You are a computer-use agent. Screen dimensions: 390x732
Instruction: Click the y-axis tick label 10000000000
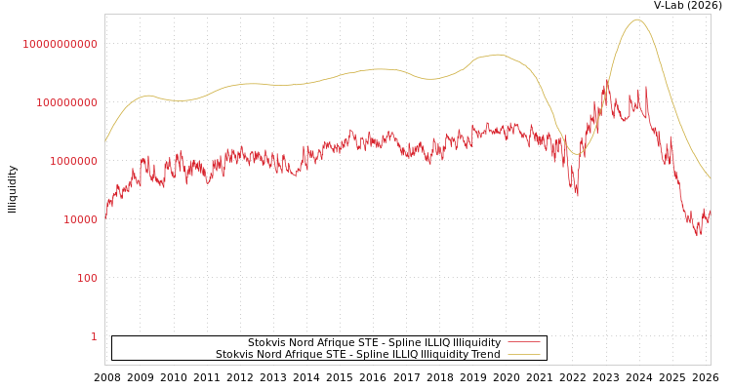coord(61,44)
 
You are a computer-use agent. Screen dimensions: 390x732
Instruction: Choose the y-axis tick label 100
coord(86,278)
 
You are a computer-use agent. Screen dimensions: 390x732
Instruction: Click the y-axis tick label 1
coord(94,336)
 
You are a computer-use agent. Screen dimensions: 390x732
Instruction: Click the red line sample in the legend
coord(524,343)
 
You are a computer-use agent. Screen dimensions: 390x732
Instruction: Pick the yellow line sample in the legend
coord(524,355)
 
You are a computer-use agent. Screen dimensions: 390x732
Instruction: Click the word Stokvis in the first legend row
coord(267,343)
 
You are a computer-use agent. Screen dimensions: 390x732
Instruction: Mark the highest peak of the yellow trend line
coord(637,19)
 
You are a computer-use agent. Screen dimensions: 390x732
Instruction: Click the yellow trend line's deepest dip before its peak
coord(577,154)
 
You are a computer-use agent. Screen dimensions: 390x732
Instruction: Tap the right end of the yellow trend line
coord(710,178)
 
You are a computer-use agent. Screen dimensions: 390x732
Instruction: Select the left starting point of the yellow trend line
coord(105,142)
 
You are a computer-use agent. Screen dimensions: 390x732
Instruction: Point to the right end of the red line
coord(710,208)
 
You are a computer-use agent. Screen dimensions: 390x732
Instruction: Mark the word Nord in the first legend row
coord(305,343)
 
